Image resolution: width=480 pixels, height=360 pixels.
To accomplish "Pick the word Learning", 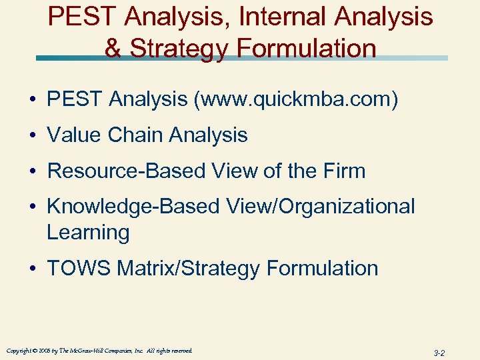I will (88, 233).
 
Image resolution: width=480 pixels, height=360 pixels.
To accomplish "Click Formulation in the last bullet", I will (322, 269).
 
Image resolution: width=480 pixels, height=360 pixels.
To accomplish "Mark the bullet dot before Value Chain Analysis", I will (33, 136).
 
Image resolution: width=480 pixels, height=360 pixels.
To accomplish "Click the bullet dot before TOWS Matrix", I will (33, 269).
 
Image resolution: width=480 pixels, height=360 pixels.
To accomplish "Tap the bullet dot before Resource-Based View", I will (33, 171).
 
